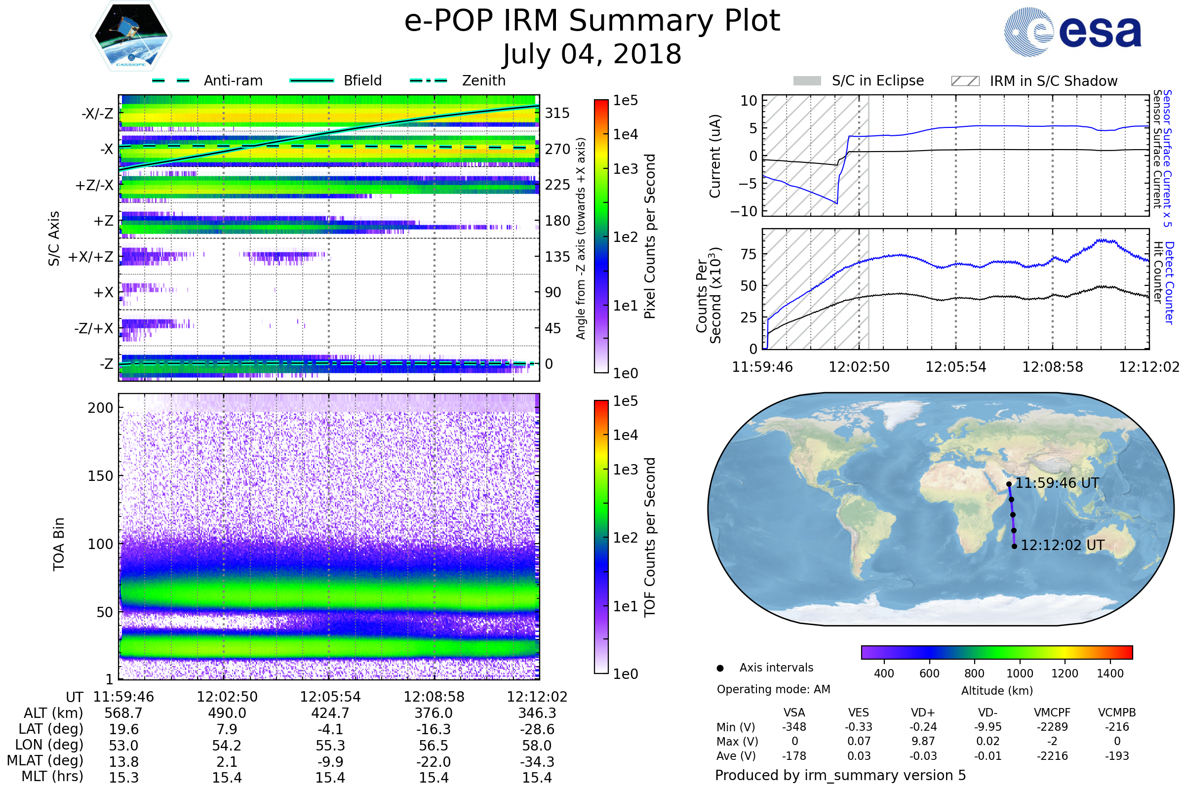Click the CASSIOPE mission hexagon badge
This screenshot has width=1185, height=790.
(131, 36)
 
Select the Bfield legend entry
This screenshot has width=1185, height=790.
(336, 80)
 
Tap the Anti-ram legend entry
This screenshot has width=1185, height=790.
(207, 80)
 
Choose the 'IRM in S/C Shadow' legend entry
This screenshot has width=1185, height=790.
(1034, 81)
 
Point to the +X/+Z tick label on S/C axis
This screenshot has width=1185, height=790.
(91, 257)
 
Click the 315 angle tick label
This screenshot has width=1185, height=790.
(557, 113)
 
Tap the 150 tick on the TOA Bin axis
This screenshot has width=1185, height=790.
(100, 476)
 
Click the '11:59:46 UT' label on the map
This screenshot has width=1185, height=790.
(1057, 483)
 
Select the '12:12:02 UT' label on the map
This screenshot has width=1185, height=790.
(1063, 545)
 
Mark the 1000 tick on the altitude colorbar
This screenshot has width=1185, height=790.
(1020, 673)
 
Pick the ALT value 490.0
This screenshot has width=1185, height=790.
(227, 713)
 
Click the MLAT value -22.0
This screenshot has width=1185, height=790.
(434, 762)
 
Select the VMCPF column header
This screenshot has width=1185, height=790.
(1052, 713)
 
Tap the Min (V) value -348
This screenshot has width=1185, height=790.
(794, 727)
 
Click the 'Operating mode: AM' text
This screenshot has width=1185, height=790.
(773, 689)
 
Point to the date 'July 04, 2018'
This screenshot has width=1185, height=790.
(592, 54)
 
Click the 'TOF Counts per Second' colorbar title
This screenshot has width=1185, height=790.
(650, 537)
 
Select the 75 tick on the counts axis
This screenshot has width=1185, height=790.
(749, 254)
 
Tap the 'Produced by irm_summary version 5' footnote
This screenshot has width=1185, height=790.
(840, 775)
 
